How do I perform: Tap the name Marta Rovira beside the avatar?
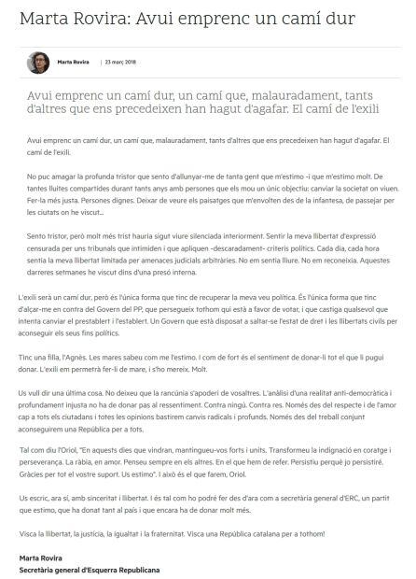(x=74, y=63)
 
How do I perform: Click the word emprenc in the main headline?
(x=209, y=18)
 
